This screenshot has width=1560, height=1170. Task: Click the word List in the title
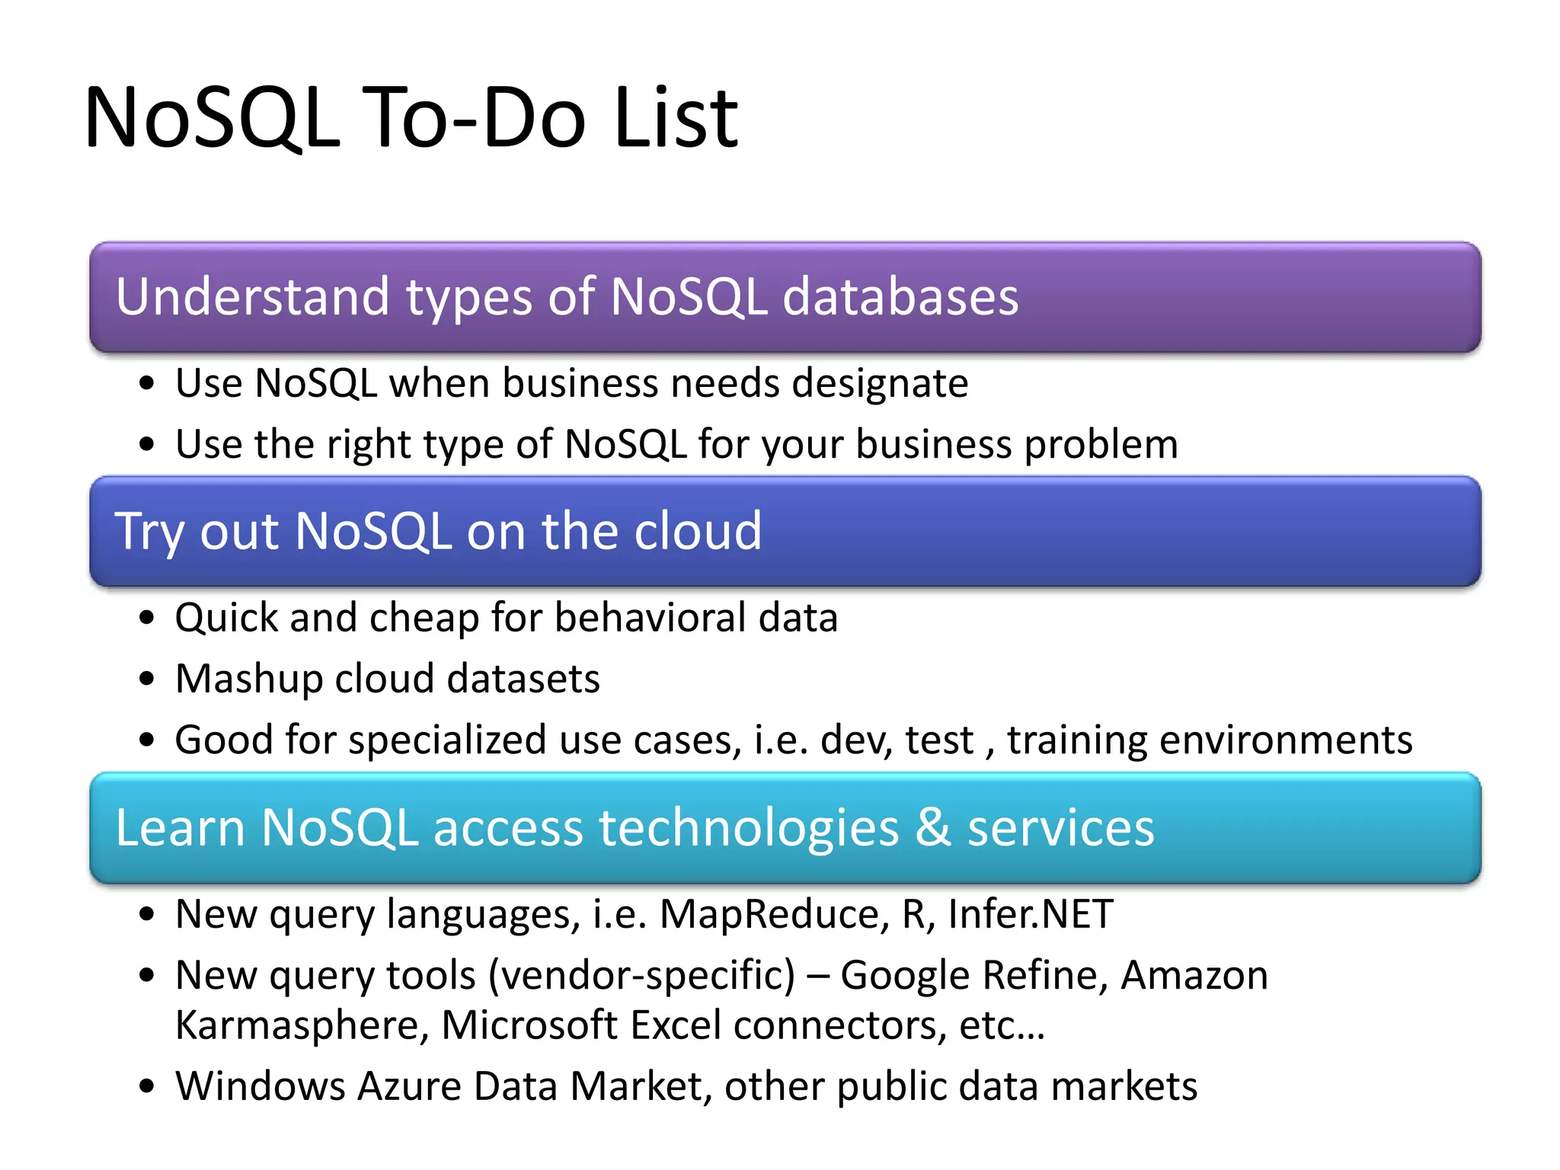click(x=676, y=118)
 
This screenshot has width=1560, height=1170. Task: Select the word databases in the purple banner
click(x=900, y=296)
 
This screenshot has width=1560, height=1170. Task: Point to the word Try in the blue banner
click(x=149, y=532)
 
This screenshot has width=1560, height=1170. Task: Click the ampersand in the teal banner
click(x=932, y=827)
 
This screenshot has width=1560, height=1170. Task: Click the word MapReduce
click(x=774, y=914)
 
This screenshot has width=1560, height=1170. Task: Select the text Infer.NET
click(x=1031, y=914)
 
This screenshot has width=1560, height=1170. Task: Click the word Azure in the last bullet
click(x=409, y=1086)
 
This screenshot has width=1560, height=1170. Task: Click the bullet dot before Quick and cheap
click(x=147, y=618)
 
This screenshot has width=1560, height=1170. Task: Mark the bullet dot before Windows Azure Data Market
click(x=147, y=1087)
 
